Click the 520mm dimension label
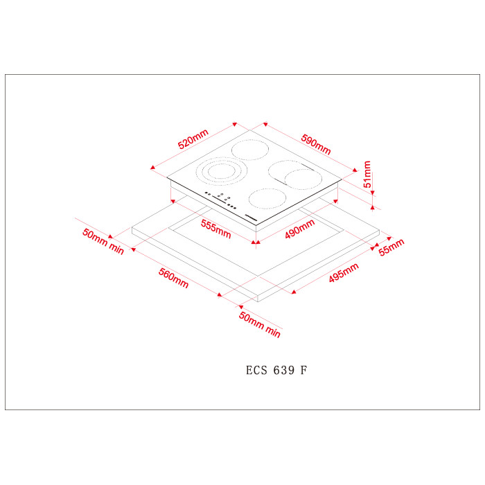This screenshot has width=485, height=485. pyautogui.click(x=193, y=139)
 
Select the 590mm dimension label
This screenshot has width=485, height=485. pyautogui.click(x=316, y=144)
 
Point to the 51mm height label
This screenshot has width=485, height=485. pyautogui.click(x=367, y=174)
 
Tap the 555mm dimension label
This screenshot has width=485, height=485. pyautogui.click(x=216, y=229)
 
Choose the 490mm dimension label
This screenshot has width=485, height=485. pyautogui.click(x=300, y=229)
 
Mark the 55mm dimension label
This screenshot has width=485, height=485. pyautogui.click(x=391, y=247)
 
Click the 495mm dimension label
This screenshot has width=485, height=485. pyautogui.click(x=344, y=272)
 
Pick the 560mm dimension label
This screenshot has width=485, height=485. pyautogui.click(x=173, y=278)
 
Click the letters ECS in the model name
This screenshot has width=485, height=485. pyautogui.click(x=256, y=370)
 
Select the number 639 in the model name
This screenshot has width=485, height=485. pyautogui.click(x=284, y=370)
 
